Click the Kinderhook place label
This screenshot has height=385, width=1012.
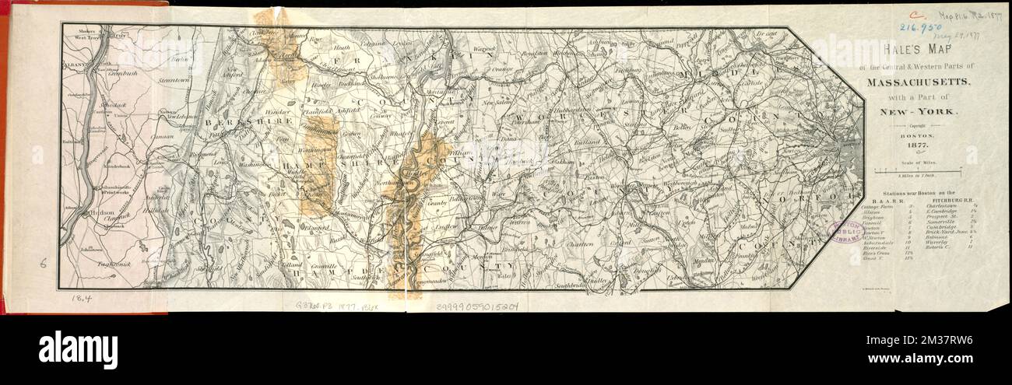(x=109, y=166)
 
